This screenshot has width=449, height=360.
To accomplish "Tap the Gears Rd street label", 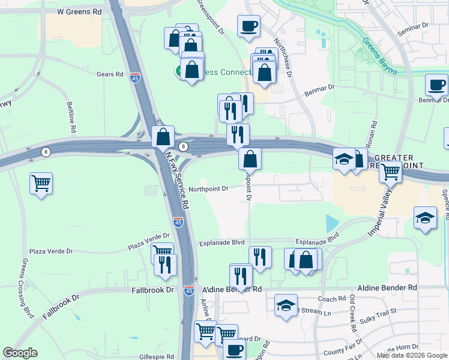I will [x=110, y=74].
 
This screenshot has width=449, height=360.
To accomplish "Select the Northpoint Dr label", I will [x=208, y=188].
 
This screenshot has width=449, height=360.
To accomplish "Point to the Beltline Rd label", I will [x=72, y=117].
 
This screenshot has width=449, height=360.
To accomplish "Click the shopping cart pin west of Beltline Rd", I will [x=41, y=182].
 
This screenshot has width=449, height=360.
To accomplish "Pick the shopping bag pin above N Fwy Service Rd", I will [x=163, y=137].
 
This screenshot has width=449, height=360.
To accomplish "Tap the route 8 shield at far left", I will [x=46, y=152].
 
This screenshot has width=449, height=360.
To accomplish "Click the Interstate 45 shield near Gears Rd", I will [x=135, y=77].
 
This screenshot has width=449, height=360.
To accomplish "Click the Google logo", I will [x=20, y=353].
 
